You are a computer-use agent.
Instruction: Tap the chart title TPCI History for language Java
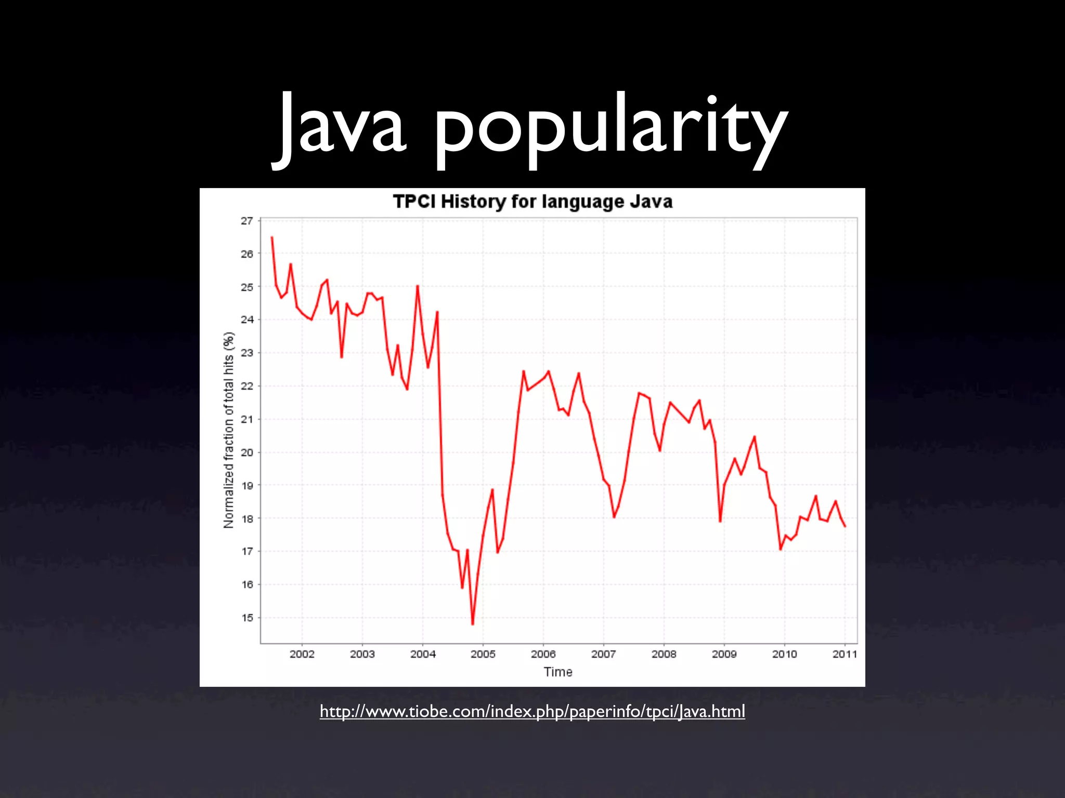tap(532, 202)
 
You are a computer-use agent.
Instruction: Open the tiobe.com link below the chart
tap(532, 711)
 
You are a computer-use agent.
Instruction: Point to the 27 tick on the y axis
tap(246, 221)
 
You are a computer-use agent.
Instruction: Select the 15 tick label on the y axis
tap(246, 618)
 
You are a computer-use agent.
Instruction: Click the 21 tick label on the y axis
tap(246, 419)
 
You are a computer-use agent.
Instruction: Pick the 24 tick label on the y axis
tap(246, 320)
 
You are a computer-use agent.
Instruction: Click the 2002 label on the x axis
tap(302, 654)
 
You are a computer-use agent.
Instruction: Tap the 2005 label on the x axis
tap(483, 654)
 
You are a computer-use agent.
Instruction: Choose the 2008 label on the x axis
tap(664, 654)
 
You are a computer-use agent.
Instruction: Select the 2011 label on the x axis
tap(845, 654)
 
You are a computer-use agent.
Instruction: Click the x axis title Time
tap(558, 672)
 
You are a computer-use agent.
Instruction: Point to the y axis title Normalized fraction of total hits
tap(229, 430)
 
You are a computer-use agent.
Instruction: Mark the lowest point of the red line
tap(473, 624)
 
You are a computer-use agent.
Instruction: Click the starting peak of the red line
tap(272, 237)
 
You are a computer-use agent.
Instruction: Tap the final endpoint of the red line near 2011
tap(845, 526)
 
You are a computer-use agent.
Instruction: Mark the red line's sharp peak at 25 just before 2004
tap(418, 286)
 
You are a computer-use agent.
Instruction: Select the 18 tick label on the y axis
tap(246, 518)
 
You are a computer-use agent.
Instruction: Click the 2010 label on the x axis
tap(784, 654)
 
